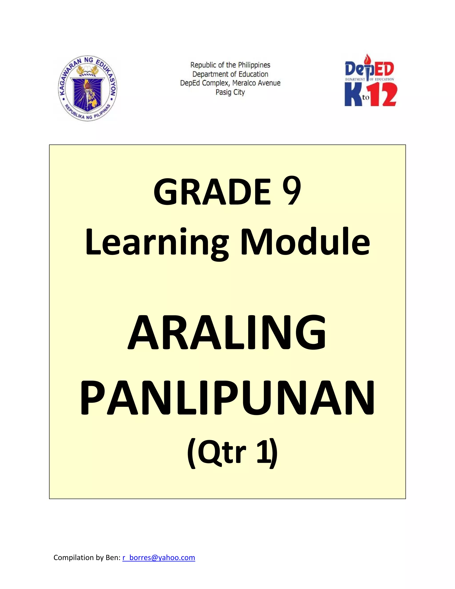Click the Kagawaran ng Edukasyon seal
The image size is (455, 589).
pos(87,89)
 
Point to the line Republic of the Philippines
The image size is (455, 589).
pos(230,65)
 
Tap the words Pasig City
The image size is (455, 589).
pos(230,92)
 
